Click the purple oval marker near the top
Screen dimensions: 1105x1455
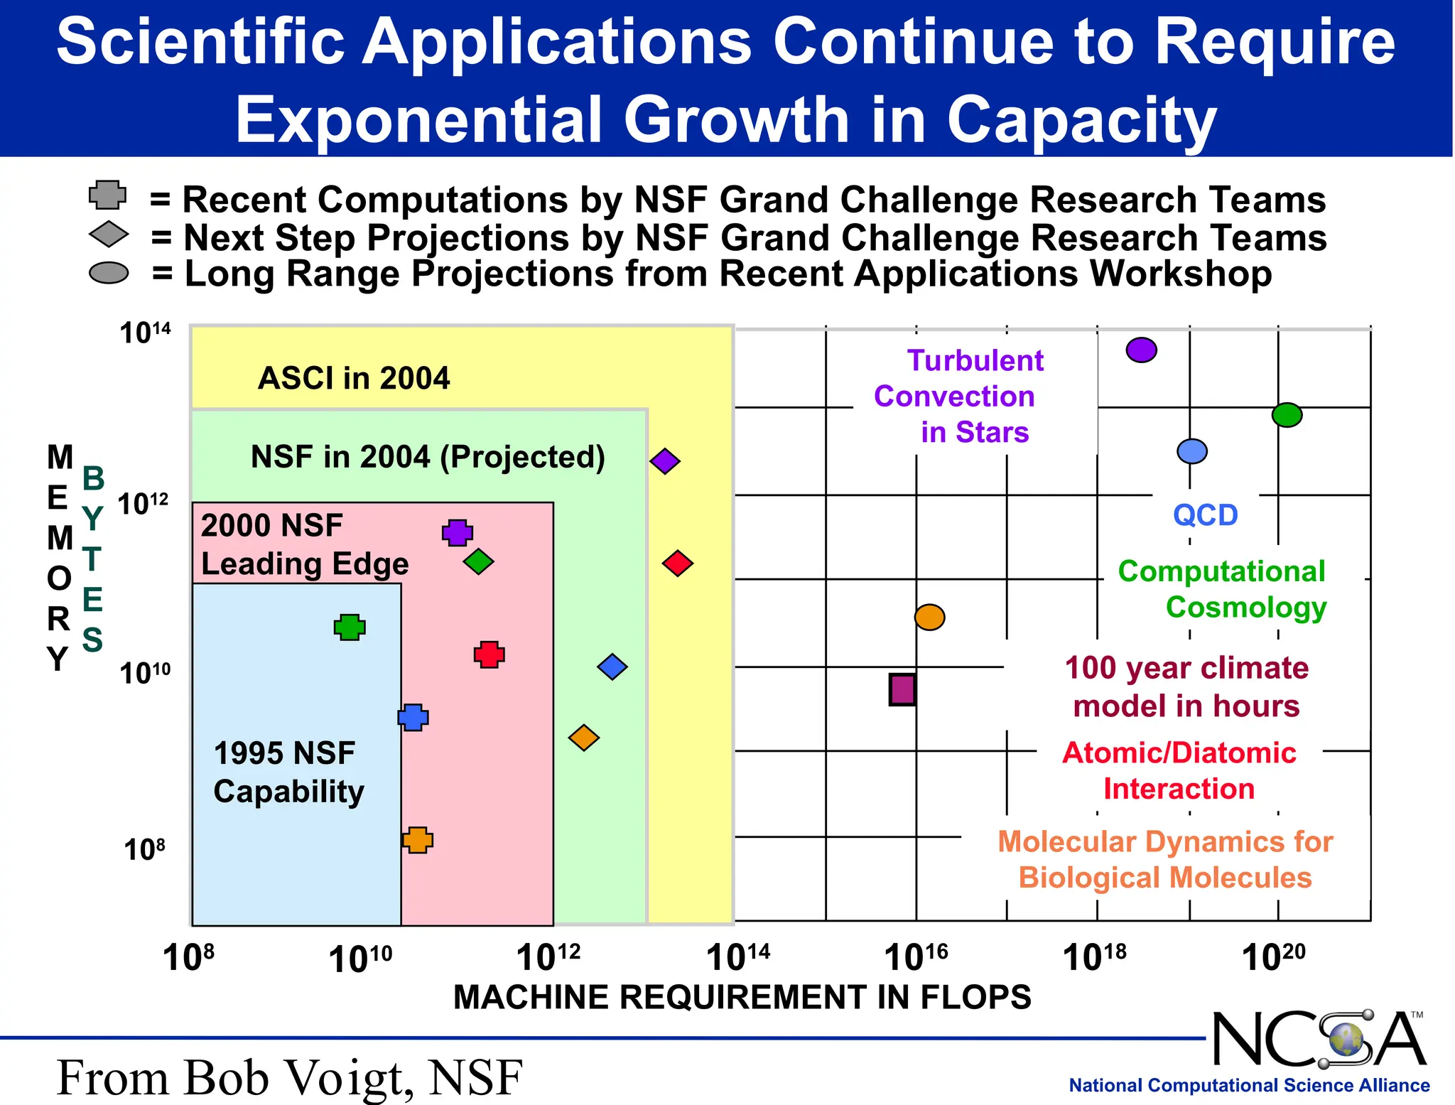pos(1141,350)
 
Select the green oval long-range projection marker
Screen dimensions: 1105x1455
pos(1287,414)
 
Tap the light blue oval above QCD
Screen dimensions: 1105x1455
pos(1191,451)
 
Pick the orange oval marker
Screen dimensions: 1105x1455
pos(929,617)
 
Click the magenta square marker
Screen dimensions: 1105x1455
pos(902,689)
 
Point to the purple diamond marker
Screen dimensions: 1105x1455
pos(664,461)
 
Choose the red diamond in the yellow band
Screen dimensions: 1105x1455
pos(677,564)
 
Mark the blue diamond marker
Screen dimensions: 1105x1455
pos(612,667)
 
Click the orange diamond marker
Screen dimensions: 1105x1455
pos(583,738)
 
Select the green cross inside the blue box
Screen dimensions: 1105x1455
pos(350,627)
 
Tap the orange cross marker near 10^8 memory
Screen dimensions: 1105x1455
pos(418,839)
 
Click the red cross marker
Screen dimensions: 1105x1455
pos(489,654)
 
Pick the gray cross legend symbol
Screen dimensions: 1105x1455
pos(107,195)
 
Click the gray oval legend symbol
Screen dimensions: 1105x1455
pos(109,273)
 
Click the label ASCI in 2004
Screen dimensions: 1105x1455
pos(353,378)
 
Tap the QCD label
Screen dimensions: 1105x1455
pos(1205,514)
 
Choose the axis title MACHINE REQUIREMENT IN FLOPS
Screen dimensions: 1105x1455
pos(742,997)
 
